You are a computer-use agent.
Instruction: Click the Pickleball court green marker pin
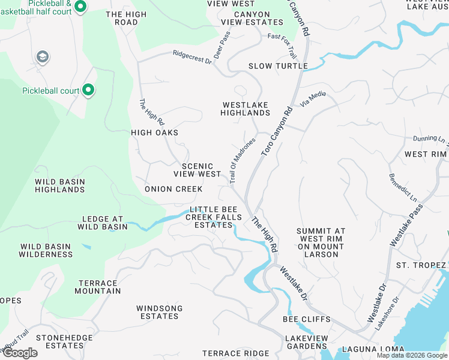[88, 91]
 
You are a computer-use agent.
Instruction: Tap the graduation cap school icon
[42, 57]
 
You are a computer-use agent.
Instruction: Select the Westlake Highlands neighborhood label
[245, 109]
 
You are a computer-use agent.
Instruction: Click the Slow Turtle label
[278, 66]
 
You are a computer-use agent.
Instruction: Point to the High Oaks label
[155, 133]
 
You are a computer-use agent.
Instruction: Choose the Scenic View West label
[197, 170]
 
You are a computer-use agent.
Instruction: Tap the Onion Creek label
[173, 189]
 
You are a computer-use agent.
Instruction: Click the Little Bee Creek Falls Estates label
[215, 217]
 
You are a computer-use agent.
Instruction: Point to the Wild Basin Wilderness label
[46, 250]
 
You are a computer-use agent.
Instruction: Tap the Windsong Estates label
[161, 312]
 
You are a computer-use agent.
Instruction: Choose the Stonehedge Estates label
[64, 341]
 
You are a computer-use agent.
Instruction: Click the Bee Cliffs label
[307, 319]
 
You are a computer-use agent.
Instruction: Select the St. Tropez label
[421, 265]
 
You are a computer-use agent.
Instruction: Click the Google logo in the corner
[20, 353]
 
